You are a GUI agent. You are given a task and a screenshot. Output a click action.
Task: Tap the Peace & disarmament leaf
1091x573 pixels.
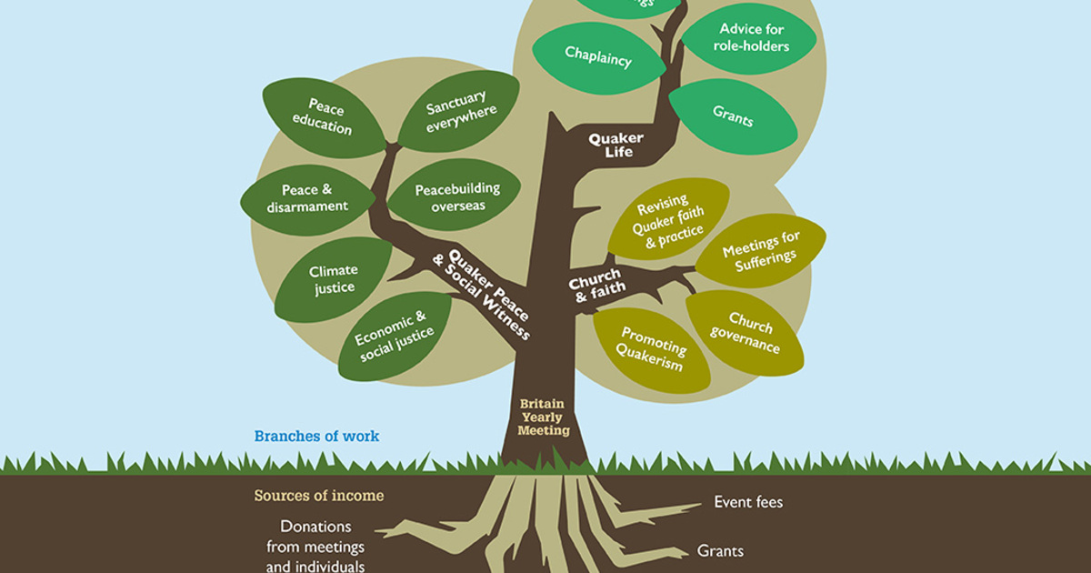click(x=306, y=198)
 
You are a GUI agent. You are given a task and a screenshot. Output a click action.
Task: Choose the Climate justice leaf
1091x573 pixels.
click(x=333, y=279)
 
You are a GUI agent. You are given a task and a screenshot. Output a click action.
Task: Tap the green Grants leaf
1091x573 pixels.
click(x=732, y=115)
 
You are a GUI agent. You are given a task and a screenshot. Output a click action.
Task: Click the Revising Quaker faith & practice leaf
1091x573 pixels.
click(x=667, y=218)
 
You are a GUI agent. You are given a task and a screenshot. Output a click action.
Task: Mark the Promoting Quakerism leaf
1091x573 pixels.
click(x=651, y=349)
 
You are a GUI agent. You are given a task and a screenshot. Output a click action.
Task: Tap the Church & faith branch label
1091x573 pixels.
click(x=596, y=283)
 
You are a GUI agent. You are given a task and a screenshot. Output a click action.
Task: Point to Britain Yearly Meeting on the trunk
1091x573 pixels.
click(x=545, y=417)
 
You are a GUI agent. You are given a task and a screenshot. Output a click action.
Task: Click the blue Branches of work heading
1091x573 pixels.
click(x=316, y=437)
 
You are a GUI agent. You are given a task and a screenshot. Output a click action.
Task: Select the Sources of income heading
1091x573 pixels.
click(x=318, y=496)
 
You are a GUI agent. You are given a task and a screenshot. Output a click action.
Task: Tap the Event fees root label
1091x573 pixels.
click(x=747, y=502)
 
